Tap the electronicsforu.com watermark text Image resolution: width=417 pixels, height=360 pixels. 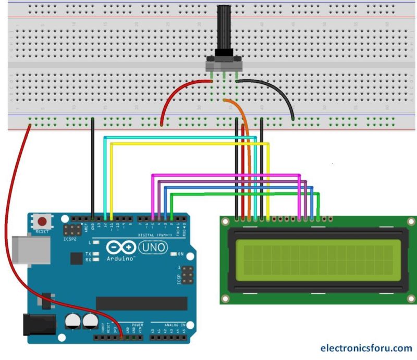(x=366, y=348)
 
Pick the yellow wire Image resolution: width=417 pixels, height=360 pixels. (x=188, y=143)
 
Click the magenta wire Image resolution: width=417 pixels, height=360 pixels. (x=224, y=175)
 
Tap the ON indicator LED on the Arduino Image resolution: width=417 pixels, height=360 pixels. (x=173, y=254)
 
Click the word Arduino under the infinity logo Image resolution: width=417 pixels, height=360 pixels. (x=120, y=258)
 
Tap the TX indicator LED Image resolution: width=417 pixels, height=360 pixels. (x=96, y=254)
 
